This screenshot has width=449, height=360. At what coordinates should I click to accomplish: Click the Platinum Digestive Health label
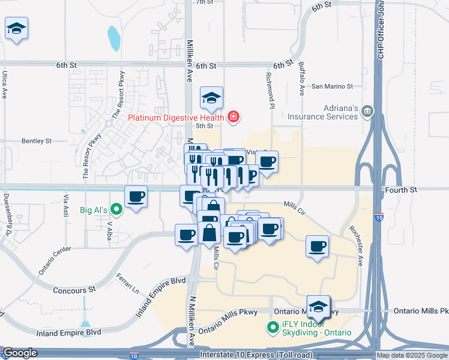tap(175, 117)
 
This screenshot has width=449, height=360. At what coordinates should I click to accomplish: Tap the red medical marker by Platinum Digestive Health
tap(232, 117)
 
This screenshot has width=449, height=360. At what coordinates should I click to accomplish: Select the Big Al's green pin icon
tap(117, 209)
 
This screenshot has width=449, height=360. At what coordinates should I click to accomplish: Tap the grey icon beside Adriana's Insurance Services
tap(367, 110)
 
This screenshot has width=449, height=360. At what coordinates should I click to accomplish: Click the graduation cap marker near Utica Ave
tap(16, 28)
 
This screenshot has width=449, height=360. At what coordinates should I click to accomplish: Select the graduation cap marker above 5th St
tap(211, 97)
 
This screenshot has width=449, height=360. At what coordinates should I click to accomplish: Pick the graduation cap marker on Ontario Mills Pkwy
tap(318, 307)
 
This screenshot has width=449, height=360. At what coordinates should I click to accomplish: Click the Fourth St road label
tap(405, 190)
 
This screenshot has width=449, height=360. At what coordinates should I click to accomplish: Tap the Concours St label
tap(74, 289)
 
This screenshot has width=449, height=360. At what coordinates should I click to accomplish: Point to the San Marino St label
tap(332, 86)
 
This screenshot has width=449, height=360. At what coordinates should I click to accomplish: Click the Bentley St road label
tap(37, 141)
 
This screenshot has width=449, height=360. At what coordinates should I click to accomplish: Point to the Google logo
tap(20, 353)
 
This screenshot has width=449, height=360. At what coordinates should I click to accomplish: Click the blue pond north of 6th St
tap(113, 38)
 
